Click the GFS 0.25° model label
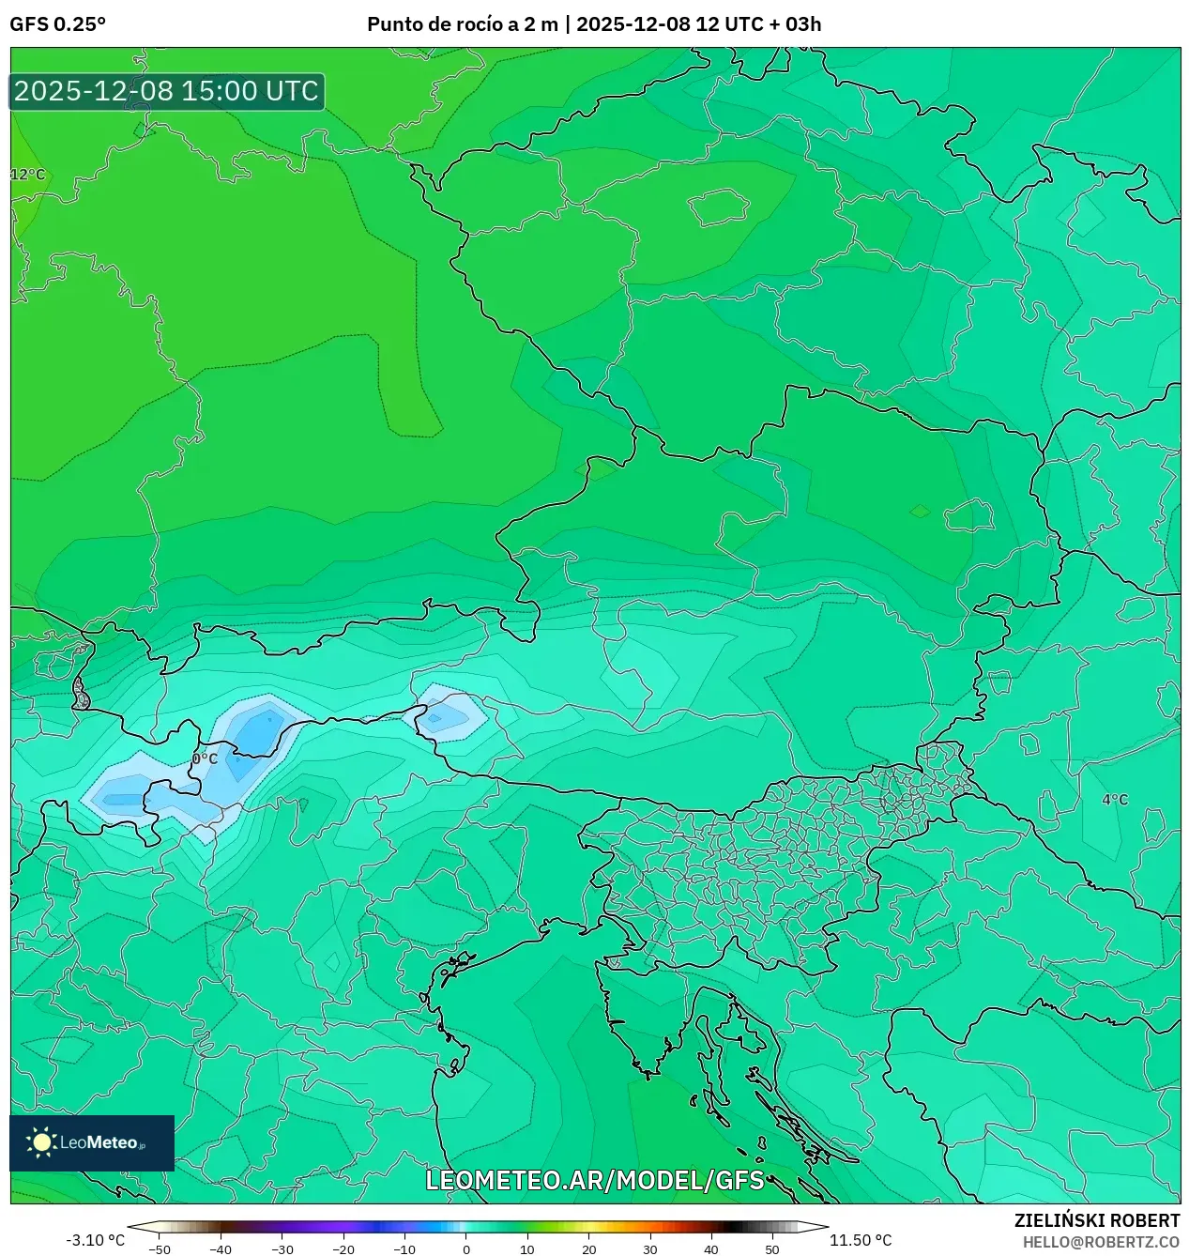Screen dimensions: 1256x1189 tap(57, 24)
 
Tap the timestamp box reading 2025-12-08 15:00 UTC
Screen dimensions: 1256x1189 tap(166, 91)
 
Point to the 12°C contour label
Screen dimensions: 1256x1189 tap(28, 175)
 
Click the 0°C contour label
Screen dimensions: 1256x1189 tap(205, 758)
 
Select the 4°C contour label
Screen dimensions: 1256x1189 tap(1115, 800)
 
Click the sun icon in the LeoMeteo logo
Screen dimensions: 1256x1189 tap(42, 1142)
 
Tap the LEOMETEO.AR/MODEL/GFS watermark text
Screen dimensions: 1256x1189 tap(595, 1180)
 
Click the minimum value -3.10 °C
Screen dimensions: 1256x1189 tap(95, 1240)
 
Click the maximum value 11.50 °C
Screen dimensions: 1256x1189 tap(861, 1240)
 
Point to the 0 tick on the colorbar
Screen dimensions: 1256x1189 tap(466, 1249)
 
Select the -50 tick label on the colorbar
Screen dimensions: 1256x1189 tap(160, 1249)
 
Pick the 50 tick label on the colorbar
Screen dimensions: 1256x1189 tap(772, 1249)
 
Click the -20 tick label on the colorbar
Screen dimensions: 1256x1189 tap(343, 1249)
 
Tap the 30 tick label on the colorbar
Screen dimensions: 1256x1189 tap(650, 1249)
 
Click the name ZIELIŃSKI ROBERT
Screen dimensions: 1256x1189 tap(1097, 1220)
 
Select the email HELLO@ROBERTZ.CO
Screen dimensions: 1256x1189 tap(1101, 1242)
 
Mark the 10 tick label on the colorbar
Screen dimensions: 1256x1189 tap(527, 1249)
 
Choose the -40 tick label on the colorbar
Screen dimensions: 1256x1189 tap(221, 1249)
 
